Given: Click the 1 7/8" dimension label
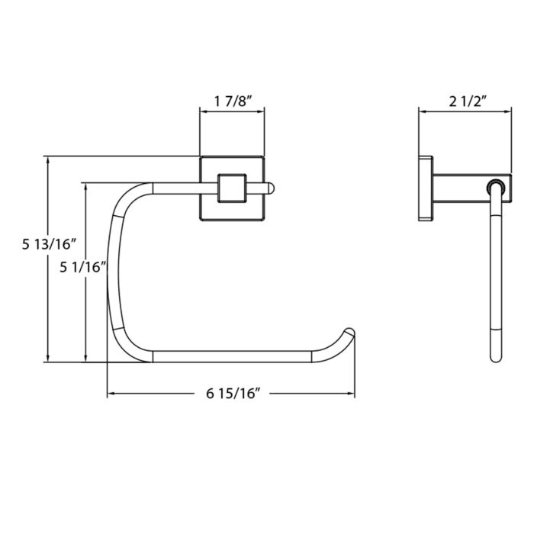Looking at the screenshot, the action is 233,101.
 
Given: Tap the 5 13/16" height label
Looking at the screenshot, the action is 49,244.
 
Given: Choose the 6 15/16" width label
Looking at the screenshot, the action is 233,394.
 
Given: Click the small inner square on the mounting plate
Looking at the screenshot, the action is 232,188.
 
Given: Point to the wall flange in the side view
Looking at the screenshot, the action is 426,188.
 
